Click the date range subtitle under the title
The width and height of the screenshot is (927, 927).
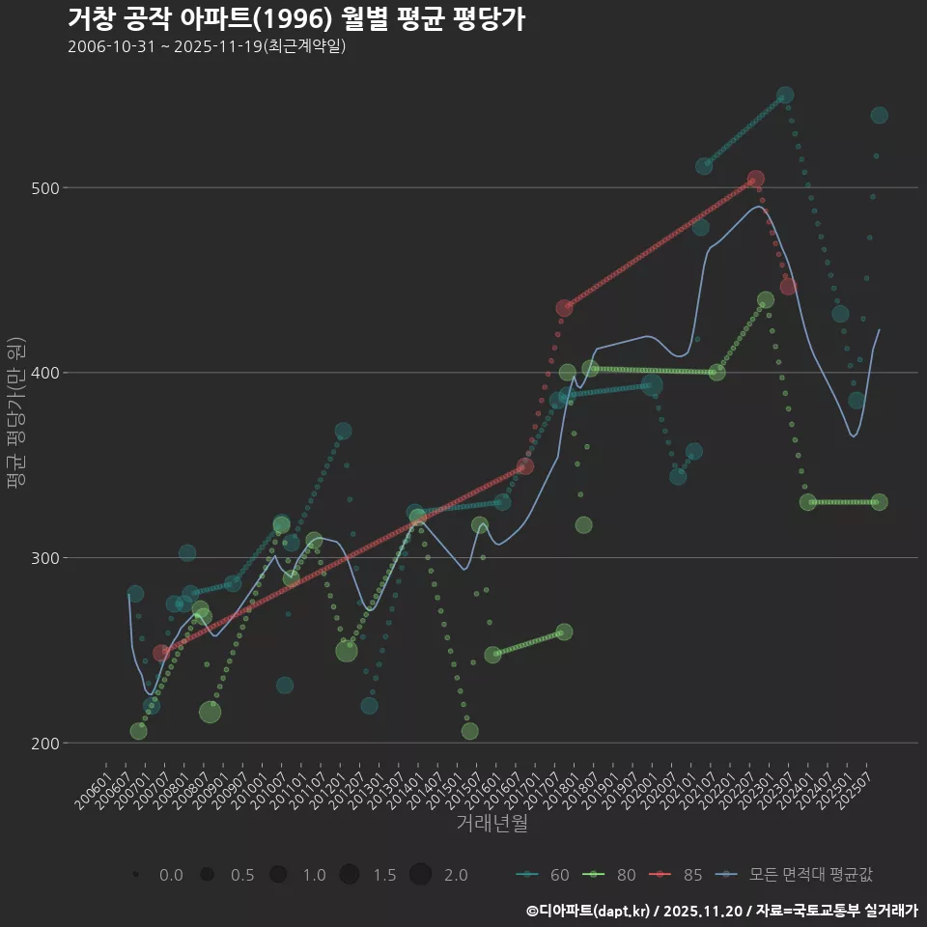coord(207,46)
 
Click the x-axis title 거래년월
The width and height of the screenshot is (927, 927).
coord(492,824)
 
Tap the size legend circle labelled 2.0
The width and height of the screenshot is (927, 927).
coord(420,875)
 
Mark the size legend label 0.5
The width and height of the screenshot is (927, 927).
coord(242,875)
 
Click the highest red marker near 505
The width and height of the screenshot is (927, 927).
coord(756,179)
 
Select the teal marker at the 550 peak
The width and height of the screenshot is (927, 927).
coord(785,95)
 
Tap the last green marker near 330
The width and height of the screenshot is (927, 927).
coord(879,502)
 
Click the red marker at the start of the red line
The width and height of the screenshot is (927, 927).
coord(161,654)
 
